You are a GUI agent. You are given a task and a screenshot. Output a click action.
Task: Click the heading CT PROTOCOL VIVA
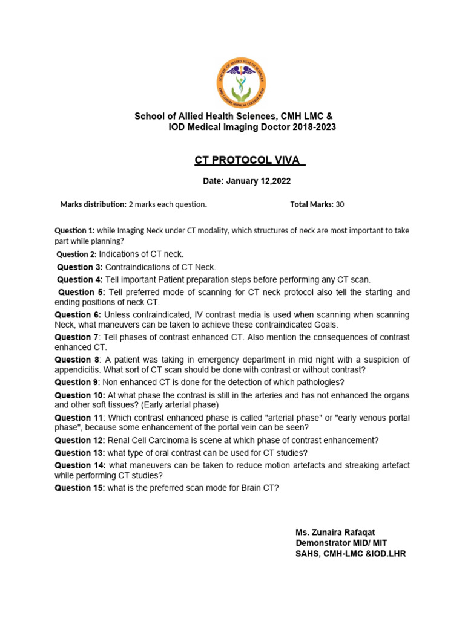(x=249, y=160)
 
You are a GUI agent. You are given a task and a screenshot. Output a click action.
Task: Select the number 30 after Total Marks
(x=340, y=204)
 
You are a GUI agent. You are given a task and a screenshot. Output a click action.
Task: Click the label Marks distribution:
(x=93, y=204)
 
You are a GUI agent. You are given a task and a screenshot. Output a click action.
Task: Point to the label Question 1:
(x=74, y=230)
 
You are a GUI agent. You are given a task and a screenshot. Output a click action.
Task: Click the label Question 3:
(x=80, y=267)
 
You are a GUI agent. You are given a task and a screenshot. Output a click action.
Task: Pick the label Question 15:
(x=80, y=488)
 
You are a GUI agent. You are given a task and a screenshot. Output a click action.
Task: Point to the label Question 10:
(x=80, y=395)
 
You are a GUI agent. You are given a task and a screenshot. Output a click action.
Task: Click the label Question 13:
(x=80, y=452)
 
